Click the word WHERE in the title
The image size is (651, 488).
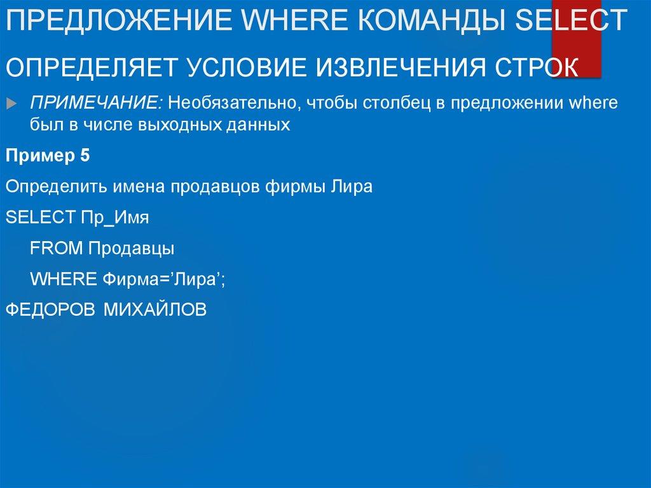[305, 20]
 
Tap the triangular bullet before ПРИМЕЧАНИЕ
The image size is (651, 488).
[15, 103]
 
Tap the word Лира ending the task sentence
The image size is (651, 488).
[352, 187]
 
